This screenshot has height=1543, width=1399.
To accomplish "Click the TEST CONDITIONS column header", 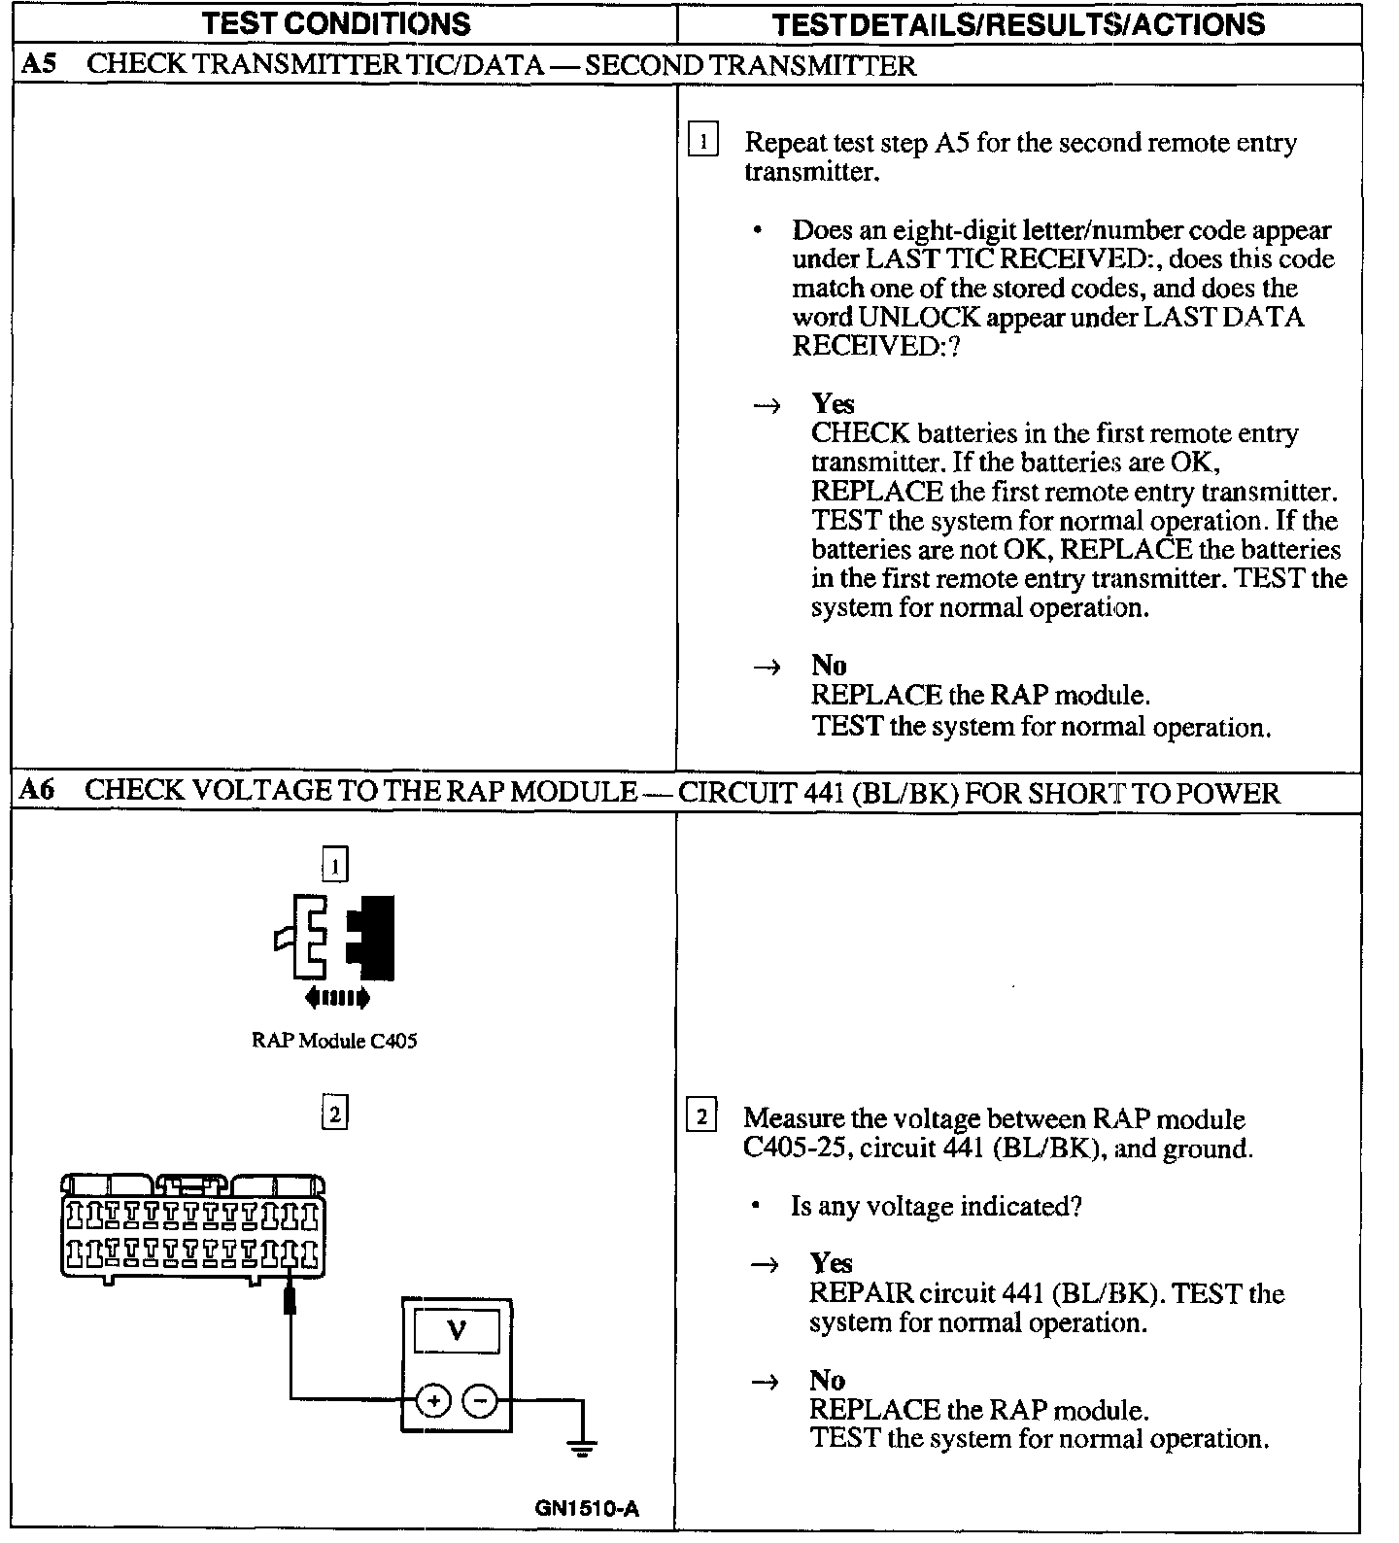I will [336, 23].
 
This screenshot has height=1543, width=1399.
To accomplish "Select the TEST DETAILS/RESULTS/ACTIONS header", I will [1018, 23].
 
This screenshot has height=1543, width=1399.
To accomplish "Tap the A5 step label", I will [39, 65].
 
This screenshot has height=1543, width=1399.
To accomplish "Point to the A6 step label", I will [37, 790].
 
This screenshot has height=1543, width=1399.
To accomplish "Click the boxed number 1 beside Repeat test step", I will [702, 141].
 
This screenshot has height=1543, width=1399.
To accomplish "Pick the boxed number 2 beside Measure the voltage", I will [701, 1116].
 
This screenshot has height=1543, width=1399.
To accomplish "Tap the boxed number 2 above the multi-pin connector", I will [334, 1113].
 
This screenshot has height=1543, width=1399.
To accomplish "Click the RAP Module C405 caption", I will [334, 1041].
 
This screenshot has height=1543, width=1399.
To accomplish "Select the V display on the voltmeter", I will [457, 1330].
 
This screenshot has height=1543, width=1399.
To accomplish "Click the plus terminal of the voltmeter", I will [433, 1400].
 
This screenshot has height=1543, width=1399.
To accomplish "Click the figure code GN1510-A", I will [587, 1508].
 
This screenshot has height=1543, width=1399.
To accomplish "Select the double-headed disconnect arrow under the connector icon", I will [336, 996].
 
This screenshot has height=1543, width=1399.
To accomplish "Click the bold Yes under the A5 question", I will [833, 403].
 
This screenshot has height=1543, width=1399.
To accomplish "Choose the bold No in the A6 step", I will [827, 1380].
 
